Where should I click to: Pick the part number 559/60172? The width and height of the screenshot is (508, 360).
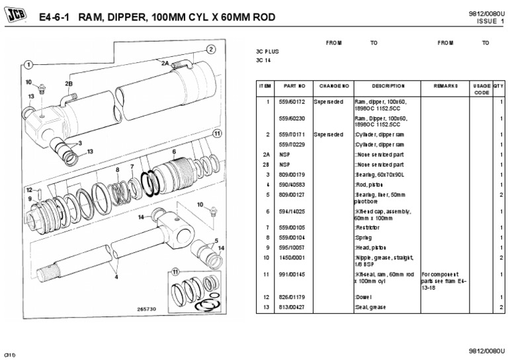point(291,102)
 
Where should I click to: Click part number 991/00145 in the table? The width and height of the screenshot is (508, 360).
point(291,275)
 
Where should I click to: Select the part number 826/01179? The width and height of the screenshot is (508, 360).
point(291,298)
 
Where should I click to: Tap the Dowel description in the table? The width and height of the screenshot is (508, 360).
point(365,298)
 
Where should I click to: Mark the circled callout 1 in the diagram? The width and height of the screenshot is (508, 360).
point(28,64)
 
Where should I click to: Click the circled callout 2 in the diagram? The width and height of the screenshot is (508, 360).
point(210,49)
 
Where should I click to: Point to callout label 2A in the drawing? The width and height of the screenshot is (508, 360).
point(165,62)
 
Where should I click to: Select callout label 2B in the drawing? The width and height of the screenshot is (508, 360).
point(68,83)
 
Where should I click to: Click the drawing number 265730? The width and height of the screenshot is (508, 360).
point(147,309)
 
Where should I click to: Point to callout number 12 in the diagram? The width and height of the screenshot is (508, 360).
point(28,190)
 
